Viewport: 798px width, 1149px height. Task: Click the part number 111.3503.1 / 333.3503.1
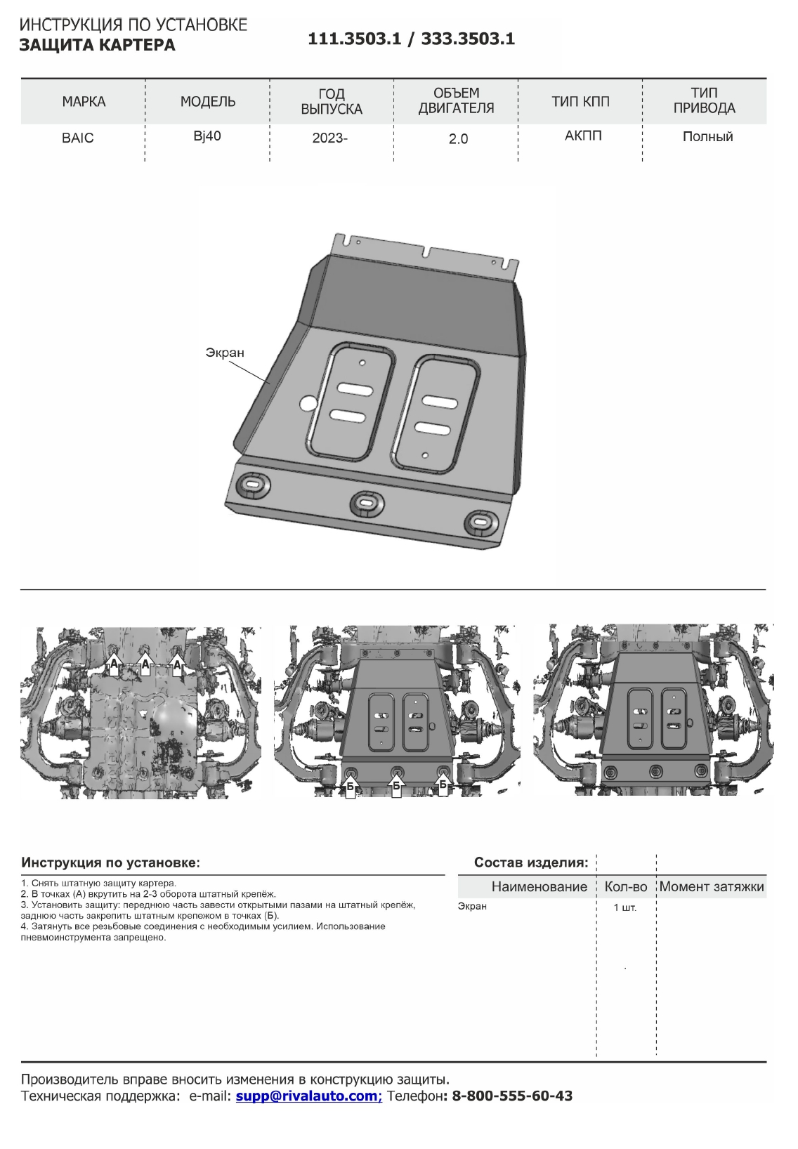tap(411, 39)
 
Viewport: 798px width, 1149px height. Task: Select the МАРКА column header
tap(84, 102)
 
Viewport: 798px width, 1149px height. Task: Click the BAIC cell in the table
tap(77, 138)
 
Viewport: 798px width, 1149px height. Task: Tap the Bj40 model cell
tap(207, 136)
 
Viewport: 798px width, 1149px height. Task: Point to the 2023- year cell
tap(330, 138)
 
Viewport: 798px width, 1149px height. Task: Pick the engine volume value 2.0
tap(458, 139)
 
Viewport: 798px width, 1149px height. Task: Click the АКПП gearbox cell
tap(582, 136)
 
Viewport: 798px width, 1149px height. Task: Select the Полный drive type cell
tap(707, 137)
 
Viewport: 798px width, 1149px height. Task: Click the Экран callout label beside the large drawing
tap(225, 353)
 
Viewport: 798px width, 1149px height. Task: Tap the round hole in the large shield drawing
tap(308, 403)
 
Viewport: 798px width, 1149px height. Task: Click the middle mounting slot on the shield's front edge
tap(366, 501)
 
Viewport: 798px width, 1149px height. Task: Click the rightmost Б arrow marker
tap(443, 782)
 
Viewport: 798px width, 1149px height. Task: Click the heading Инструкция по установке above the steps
tap(110, 862)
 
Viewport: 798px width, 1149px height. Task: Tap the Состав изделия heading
tap(531, 862)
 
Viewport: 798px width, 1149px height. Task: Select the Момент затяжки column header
tap(711, 887)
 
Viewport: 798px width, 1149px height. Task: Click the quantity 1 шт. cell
tap(624, 908)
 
